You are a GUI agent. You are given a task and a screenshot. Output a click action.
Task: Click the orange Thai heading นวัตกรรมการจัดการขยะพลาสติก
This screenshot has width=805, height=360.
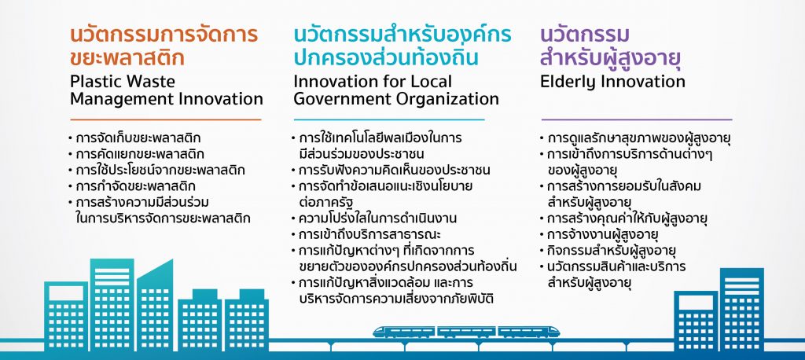click(x=164, y=46)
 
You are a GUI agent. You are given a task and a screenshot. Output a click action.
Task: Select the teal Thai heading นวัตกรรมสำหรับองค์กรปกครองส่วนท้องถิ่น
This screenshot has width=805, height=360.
click(x=402, y=46)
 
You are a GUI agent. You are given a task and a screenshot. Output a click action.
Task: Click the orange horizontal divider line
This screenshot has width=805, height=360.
click(x=165, y=119)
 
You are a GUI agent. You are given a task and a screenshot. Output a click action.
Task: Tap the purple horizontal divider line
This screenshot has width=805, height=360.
click(x=637, y=119)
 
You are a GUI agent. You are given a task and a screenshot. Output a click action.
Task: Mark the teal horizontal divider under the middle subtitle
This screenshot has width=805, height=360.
click(x=388, y=119)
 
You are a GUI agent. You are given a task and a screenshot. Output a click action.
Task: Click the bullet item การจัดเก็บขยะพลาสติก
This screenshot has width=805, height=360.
click(x=134, y=138)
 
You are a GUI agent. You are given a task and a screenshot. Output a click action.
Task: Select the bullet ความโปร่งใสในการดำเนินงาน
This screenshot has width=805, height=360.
click(x=373, y=219)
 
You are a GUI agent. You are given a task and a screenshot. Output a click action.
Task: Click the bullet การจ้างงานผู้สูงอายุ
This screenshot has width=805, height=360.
click(x=599, y=235)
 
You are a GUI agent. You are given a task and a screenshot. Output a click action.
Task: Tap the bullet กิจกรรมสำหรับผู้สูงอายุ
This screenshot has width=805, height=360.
click(x=607, y=251)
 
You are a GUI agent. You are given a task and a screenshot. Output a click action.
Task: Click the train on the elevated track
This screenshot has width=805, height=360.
click(x=466, y=332)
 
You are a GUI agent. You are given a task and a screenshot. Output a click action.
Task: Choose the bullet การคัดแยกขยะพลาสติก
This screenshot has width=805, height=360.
click(x=135, y=154)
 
